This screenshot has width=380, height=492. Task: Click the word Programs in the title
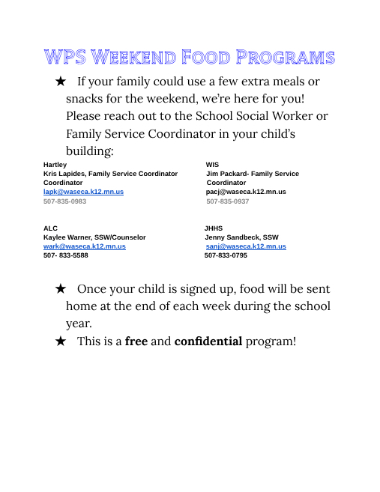[x=286, y=58]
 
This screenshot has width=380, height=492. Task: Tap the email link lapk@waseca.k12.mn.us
[x=83, y=192]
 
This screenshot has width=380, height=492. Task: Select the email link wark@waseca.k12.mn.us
[x=84, y=246]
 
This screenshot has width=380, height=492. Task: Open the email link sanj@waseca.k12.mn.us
[x=246, y=246]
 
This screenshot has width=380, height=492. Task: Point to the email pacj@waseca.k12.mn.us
[x=246, y=192]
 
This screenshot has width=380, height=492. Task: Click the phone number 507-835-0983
[x=64, y=201]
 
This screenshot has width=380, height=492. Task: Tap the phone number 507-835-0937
[x=228, y=201]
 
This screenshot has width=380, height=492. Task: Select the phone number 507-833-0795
[x=226, y=255]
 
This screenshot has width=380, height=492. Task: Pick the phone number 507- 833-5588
[x=65, y=255]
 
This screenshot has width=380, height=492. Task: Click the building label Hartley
[x=55, y=164]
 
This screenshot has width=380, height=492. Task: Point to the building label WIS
[x=212, y=164]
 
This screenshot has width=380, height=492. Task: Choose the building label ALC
[x=50, y=228]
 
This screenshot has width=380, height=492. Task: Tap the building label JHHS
[x=214, y=228]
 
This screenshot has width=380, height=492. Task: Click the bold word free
[x=136, y=341]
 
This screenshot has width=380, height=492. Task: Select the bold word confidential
[x=208, y=341]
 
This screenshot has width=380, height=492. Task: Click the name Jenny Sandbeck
[x=232, y=237]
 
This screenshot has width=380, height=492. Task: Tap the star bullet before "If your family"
[x=61, y=81]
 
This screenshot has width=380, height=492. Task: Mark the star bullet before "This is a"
[x=61, y=341]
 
